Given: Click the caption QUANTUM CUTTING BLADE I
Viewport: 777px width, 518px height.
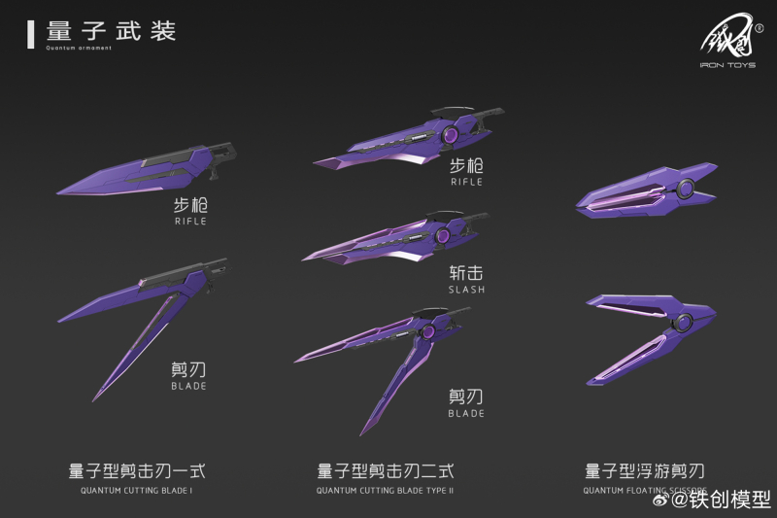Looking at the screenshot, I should [137, 490].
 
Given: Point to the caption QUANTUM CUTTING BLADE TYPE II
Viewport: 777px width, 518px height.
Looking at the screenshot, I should [385, 490].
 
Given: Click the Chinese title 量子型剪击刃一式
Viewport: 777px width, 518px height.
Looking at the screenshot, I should [137, 471].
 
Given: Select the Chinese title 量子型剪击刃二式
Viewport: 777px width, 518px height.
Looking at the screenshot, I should [385, 471].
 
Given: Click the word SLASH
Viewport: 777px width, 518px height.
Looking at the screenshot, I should [466, 290].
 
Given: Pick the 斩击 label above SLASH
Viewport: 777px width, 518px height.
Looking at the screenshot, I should [466, 273].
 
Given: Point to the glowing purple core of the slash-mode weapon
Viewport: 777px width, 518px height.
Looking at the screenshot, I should [442, 236].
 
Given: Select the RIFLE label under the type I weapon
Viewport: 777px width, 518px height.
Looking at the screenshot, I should [190, 222].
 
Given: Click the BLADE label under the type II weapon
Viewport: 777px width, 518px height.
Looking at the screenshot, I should [466, 414].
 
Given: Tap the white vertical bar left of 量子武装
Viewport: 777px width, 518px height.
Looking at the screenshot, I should [31, 33].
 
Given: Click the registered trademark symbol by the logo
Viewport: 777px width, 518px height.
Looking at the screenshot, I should [759, 28].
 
